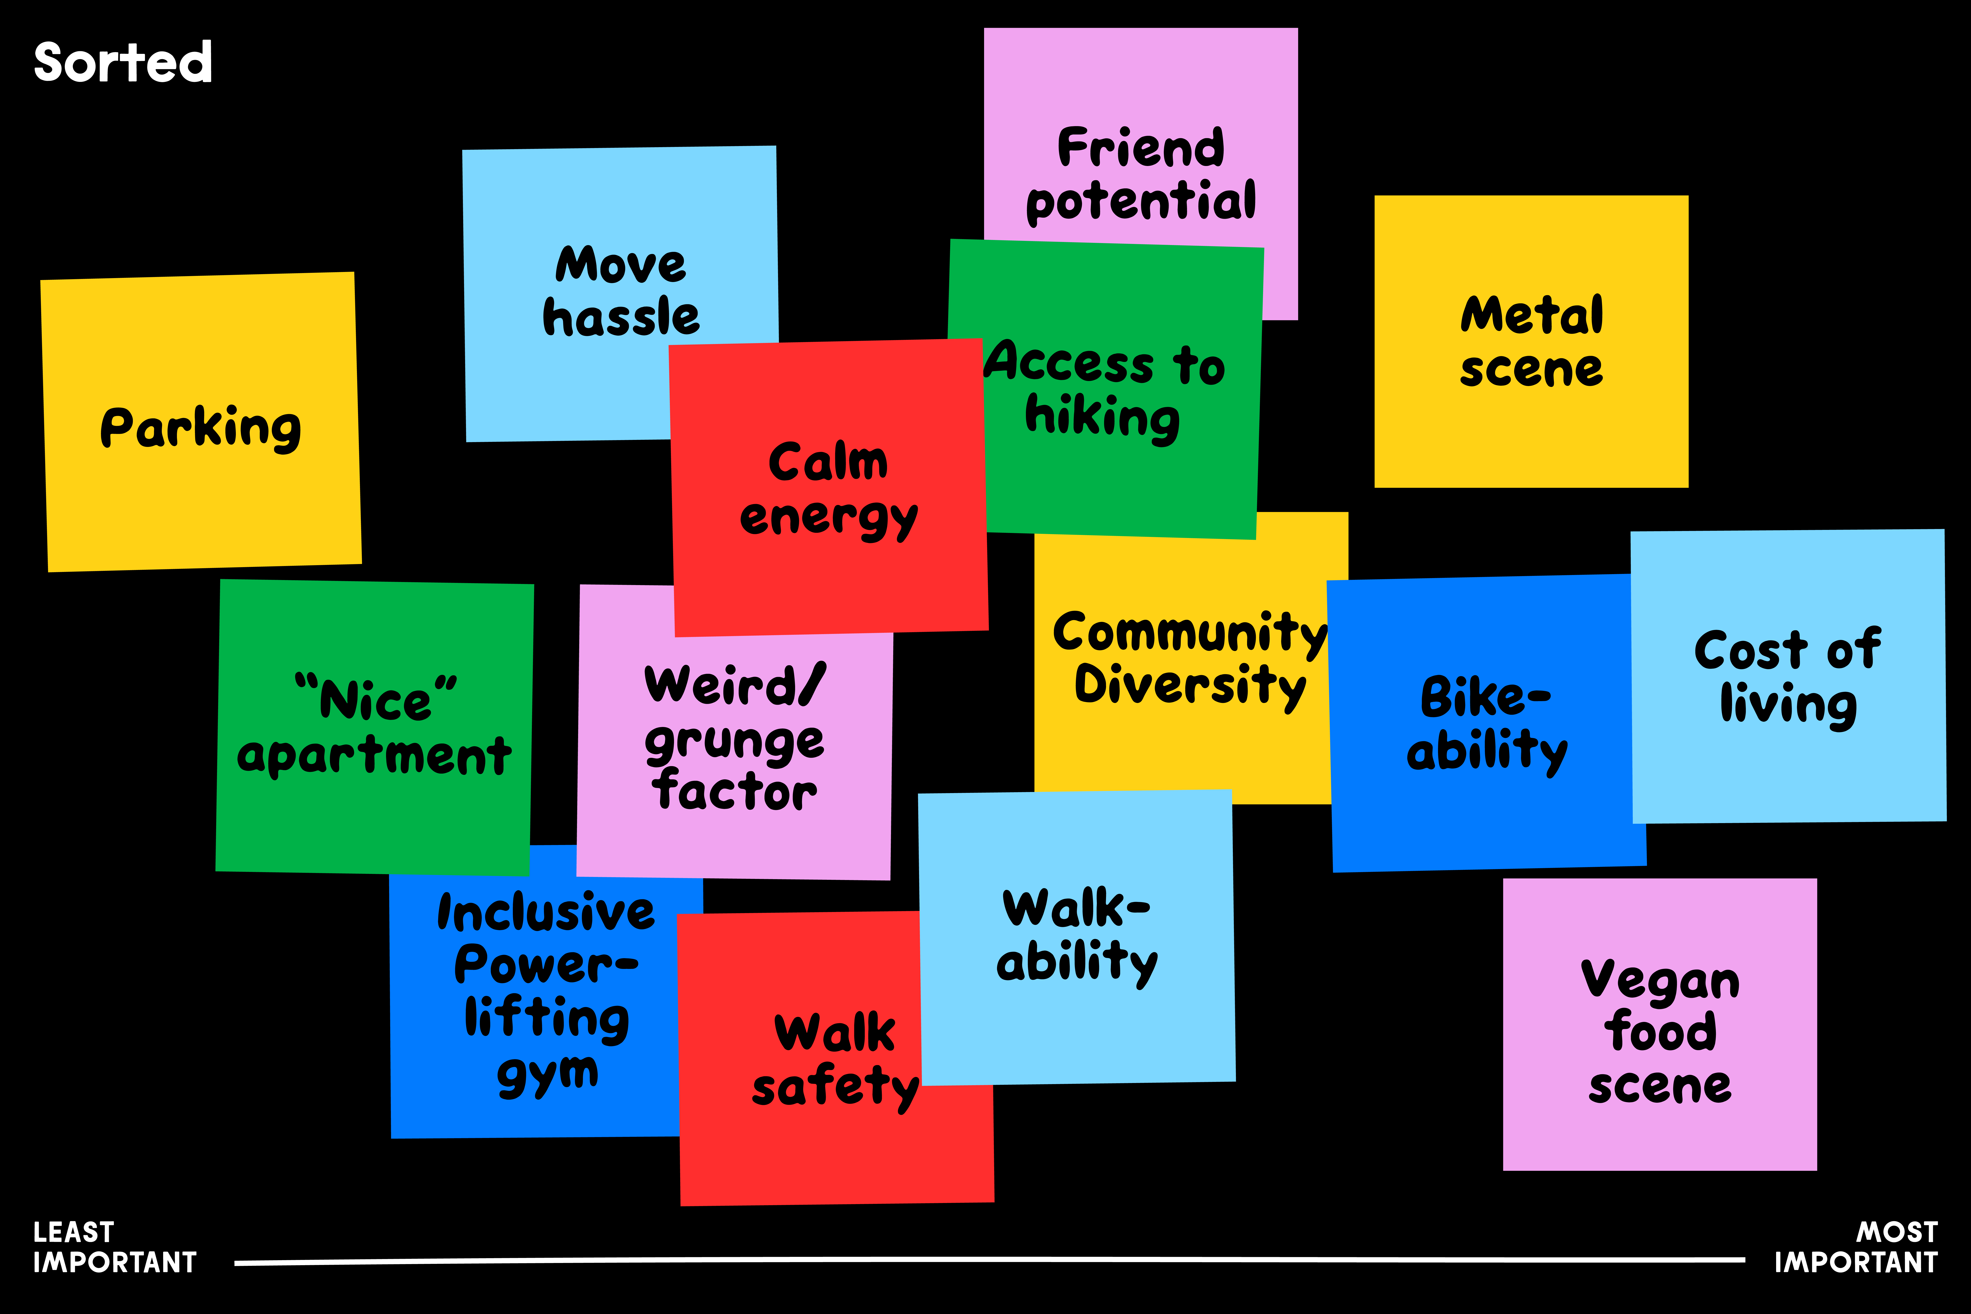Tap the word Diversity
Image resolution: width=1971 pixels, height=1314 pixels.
tap(1190, 686)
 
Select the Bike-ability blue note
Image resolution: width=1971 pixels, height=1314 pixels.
tap(1487, 723)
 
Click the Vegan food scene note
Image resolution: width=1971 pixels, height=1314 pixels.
tap(1659, 1031)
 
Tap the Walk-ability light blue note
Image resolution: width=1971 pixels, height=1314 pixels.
tap(1077, 934)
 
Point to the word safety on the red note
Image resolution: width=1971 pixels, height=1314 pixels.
tap(835, 1087)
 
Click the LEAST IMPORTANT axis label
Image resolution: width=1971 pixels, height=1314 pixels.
tap(115, 1247)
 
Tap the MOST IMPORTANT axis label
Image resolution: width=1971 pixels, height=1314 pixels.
tap(1855, 1247)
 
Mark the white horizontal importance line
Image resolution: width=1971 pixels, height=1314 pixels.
tap(989, 1260)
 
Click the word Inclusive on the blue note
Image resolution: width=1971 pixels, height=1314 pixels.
tap(545, 913)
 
